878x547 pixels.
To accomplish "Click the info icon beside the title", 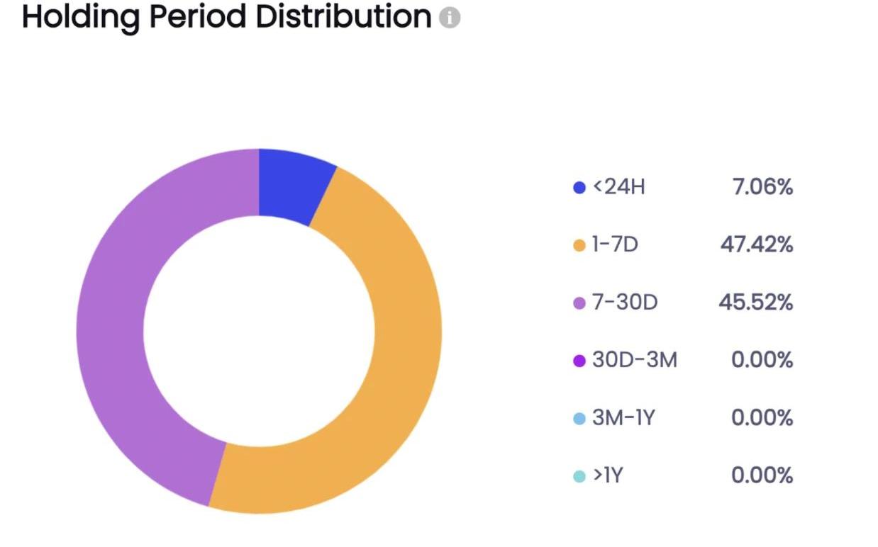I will click(x=449, y=18).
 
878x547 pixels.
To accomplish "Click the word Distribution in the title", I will click(x=343, y=17).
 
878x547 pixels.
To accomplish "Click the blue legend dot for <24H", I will click(x=579, y=188).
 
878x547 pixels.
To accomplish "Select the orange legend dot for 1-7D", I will click(x=579, y=246).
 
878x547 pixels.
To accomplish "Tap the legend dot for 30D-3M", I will click(x=579, y=361).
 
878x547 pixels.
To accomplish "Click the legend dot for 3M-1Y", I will click(x=579, y=419).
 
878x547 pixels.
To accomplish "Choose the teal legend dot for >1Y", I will click(x=579, y=476).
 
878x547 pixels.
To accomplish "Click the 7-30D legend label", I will click(x=625, y=303).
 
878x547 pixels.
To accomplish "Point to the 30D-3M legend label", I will click(x=635, y=361).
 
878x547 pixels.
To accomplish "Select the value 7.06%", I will click(x=762, y=188).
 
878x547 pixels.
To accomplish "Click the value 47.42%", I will click(x=757, y=245).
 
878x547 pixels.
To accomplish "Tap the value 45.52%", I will click(x=756, y=303).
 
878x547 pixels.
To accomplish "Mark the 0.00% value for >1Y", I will click(x=762, y=475).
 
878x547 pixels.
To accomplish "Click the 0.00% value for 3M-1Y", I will click(x=762, y=418).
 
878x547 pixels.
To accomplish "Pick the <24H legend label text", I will click(x=619, y=188).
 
